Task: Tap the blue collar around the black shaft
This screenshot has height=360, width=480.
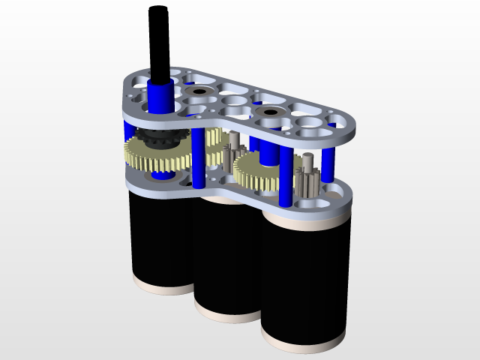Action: tap(158, 95)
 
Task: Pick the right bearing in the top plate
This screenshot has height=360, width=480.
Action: tap(266, 114)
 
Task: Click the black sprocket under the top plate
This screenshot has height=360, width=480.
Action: tap(158, 138)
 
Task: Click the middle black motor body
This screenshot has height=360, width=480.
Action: tap(225, 259)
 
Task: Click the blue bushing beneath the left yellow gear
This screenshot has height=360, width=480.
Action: tap(162, 177)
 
